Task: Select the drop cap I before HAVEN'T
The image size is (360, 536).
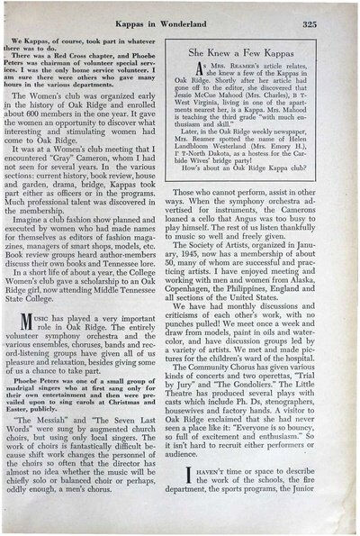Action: click(203, 475)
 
